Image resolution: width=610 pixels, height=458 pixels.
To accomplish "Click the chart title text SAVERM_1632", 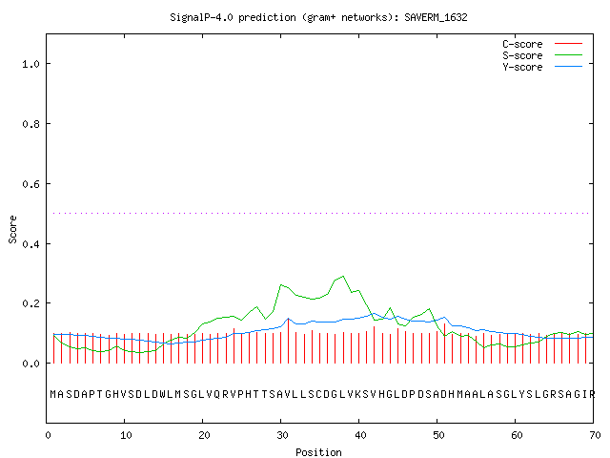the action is [436, 17].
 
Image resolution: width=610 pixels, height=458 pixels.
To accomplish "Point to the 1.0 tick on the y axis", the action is [30, 64].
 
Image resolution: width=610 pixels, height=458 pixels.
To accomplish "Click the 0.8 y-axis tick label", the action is [30, 124].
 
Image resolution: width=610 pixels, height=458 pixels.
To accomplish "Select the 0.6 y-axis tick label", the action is [30, 184].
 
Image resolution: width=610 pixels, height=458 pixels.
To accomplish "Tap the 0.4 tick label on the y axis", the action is [30, 244].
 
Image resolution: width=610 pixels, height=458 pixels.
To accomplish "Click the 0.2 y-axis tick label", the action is [30, 303].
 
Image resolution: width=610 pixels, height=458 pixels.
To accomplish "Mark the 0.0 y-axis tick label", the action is [30, 364].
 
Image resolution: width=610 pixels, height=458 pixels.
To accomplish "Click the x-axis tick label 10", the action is [126, 435].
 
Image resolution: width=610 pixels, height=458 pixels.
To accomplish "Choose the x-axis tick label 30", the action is [282, 435].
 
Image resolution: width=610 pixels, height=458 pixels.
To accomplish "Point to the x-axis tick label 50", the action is [438, 435].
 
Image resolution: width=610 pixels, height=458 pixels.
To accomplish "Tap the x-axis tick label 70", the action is [595, 435].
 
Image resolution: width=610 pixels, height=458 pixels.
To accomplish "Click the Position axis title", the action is [318, 452].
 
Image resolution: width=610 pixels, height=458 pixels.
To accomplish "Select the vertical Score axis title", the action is [12, 230].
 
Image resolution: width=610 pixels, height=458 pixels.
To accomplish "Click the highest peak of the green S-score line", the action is [343, 276].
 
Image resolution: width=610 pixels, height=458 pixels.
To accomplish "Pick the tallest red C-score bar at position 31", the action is [288, 341].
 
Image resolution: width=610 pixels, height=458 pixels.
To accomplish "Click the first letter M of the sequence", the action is [53, 394].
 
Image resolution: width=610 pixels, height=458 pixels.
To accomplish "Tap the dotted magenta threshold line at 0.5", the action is [321, 213].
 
